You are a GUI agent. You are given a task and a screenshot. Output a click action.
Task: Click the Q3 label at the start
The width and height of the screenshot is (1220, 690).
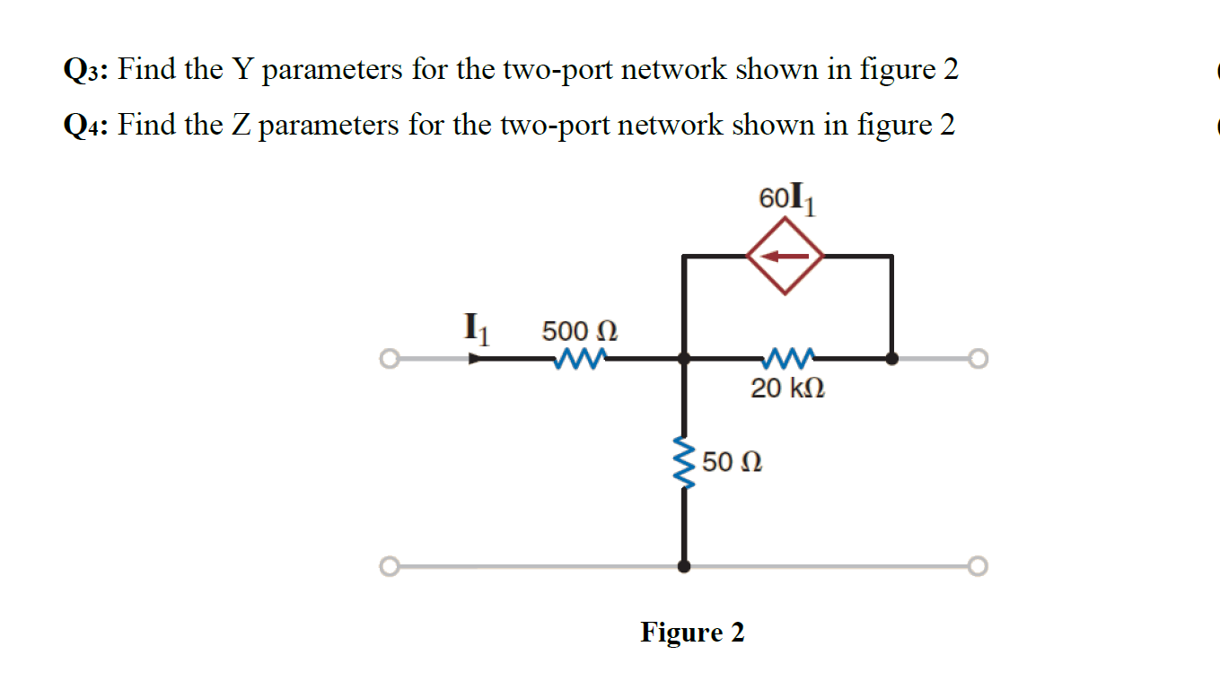point(86,70)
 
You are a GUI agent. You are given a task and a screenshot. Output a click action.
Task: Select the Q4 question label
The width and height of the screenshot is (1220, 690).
point(86,126)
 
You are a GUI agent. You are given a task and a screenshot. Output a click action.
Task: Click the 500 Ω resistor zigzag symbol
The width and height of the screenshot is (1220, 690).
point(579,359)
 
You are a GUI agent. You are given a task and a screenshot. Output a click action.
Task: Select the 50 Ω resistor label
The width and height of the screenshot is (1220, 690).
point(733,463)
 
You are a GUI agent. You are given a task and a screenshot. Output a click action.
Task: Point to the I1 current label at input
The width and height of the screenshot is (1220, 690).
point(476,328)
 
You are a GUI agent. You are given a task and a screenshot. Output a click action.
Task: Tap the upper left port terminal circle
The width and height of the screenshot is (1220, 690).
point(388,360)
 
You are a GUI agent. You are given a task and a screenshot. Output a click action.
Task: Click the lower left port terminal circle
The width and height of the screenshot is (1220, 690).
point(388,567)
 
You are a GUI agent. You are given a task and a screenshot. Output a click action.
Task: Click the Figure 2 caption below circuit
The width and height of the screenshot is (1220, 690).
point(692,633)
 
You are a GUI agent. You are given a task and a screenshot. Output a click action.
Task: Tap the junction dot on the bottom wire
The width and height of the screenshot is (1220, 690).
point(684,567)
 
